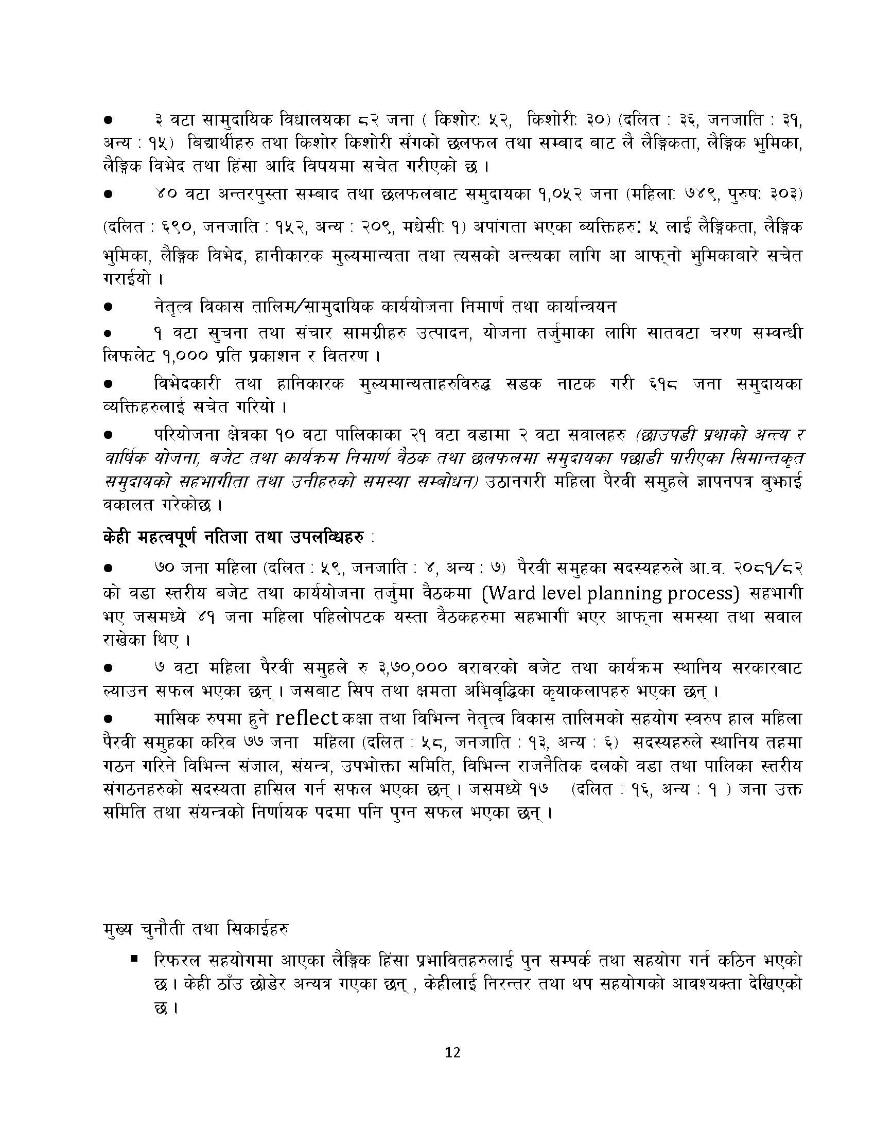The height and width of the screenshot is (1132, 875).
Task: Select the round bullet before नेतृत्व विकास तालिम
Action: pos(109,307)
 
